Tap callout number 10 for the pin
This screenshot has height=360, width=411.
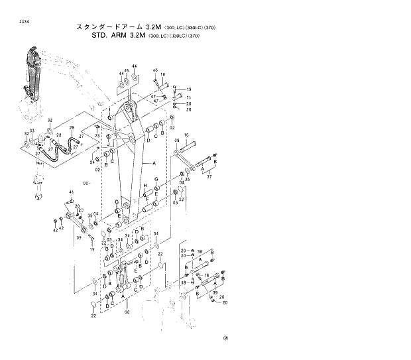coord(162,75)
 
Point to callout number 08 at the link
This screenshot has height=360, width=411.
coord(177,141)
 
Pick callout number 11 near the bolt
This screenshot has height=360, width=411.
coord(188,97)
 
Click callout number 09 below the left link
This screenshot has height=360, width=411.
coord(78,237)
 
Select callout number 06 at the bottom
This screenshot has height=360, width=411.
coord(127,312)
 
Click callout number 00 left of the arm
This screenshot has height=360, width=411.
coord(86,183)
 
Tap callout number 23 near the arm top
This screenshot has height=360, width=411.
coord(97,135)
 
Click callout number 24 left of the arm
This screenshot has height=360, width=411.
coord(92,162)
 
